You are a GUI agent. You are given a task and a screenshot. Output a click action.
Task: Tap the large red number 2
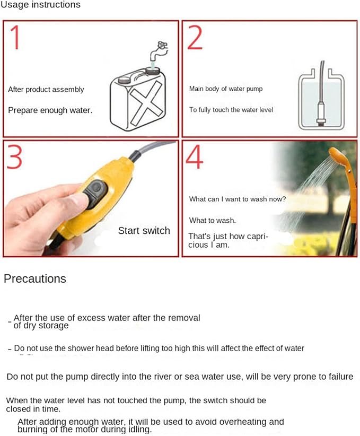pos(195,37)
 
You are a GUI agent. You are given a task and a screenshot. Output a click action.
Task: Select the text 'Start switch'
pos(144,231)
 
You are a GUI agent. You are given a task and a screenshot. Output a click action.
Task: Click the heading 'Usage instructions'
pos(40,4)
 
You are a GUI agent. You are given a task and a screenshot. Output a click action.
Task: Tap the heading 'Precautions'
pos(35,278)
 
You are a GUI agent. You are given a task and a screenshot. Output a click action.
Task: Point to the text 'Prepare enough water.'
pos(50,110)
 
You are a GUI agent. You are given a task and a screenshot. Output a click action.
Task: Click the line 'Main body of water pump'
pos(226,89)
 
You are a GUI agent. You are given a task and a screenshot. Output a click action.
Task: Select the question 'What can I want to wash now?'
pos(238,199)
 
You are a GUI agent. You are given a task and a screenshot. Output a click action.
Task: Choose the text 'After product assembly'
pos(46,90)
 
